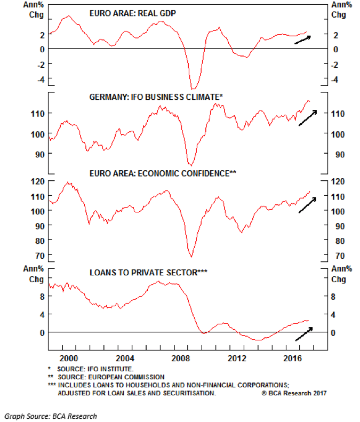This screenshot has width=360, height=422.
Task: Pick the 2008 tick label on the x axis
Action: coord(183,357)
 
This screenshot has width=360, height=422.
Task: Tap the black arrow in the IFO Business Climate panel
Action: coord(308,118)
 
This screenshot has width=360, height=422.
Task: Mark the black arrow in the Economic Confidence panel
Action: coord(308,205)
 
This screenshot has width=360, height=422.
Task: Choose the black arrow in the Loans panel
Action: coord(304,334)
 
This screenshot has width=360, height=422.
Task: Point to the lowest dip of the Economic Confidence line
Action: coord(191,256)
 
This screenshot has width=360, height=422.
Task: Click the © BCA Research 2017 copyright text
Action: coord(293,393)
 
